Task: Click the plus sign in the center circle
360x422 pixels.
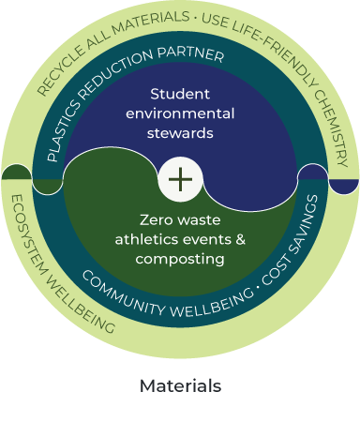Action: [x=181, y=179]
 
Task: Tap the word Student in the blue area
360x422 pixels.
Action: [x=180, y=94]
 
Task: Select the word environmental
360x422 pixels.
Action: [x=180, y=113]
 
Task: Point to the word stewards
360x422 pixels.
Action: [x=180, y=133]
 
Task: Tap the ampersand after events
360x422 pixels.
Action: [x=240, y=240]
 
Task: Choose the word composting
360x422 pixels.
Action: [x=180, y=260]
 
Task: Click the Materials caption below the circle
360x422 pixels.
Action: [x=180, y=385]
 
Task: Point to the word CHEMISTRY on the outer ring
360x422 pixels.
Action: [x=332, y=128]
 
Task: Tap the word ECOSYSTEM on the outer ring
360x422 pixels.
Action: [x=29, y=235]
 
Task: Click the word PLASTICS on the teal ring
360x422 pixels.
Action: [x=63, y=131]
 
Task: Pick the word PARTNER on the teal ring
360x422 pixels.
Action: [x=190, y=54]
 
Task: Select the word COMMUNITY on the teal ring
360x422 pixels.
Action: [x=123, y=294]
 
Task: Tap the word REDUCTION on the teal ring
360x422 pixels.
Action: [x=115, y=72]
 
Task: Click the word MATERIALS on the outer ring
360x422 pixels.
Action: [x=150, y=23]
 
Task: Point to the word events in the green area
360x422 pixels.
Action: [x=207, y=240]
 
